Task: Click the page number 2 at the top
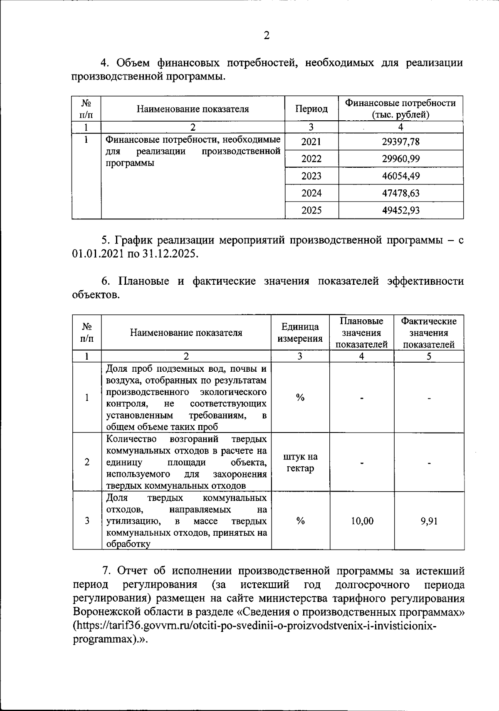pos(267,36)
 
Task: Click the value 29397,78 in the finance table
pos(401,142)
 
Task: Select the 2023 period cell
pos(311,176)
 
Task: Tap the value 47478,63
pos(401,193)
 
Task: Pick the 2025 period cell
pos(311,210)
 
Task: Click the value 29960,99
pos(401,159)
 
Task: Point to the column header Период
pos(311,109)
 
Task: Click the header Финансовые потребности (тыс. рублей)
pos(401,109)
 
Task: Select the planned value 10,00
pos(362,521)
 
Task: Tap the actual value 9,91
pos(429,521)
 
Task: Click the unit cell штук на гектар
pos(300,462)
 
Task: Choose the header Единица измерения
pos(300,333)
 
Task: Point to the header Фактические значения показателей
pos(429,333)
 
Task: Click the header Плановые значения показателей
pos(362,333)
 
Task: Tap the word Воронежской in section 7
pos(109,612)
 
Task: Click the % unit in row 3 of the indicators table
pos(300,521)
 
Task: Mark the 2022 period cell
pos(311,159)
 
